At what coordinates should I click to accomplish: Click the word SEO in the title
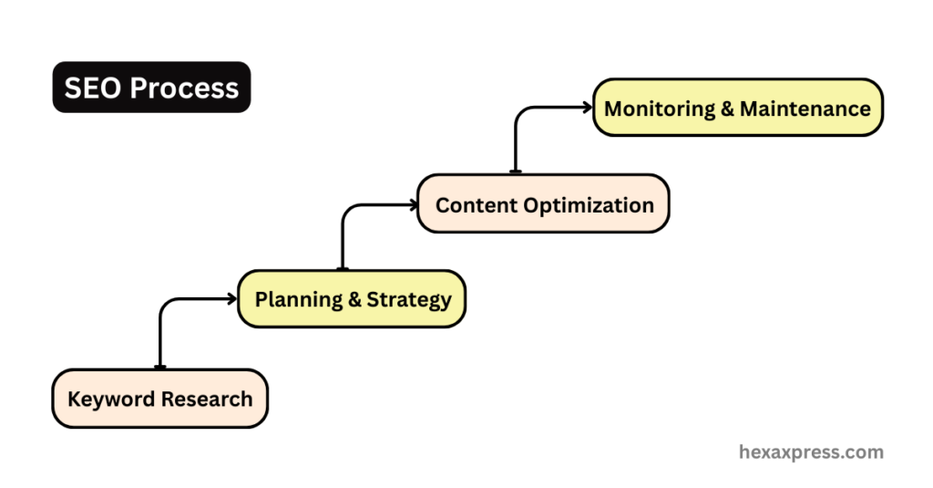pos(92,88)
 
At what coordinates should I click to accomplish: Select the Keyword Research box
pos(160,399)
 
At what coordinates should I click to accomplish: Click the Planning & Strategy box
pos(352,298)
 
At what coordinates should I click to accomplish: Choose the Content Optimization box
pos(543,203)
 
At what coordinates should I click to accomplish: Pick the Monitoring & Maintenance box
pos(737,108)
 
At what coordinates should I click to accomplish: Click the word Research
pos(207,399)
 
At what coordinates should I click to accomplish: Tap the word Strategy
pos(409,299)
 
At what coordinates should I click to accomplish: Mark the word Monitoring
pos(660,109)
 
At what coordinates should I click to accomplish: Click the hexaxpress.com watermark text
pos(810,452)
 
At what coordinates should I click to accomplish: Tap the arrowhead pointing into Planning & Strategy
pos(231,297)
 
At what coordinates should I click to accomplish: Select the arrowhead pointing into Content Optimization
pos(412,203)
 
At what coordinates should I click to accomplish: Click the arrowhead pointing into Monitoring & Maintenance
pos(588,107)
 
